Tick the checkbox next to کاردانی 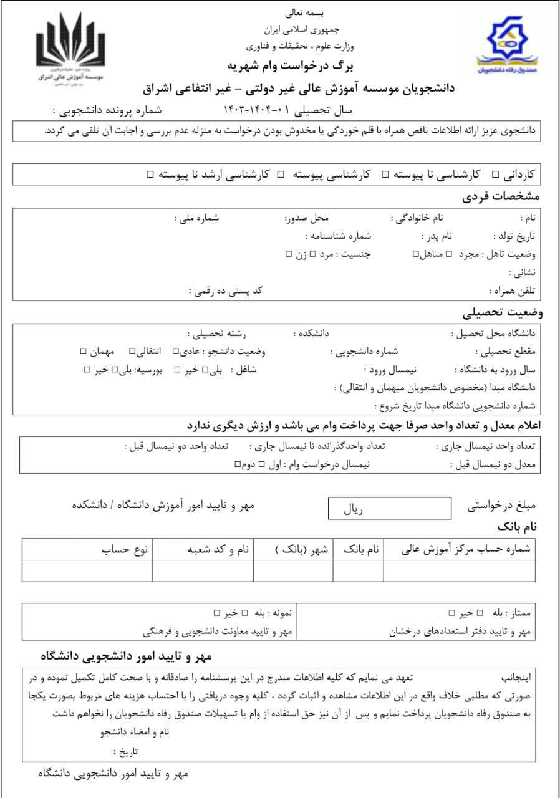pyautogui.click(x=496, y=175)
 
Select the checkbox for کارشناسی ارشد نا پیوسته pyautogui.click(x=150, y=175)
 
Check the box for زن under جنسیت pyautogui.click(x=288, y=254)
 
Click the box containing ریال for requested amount pyautogui.click(x=389, y=509)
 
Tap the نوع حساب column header pyautogui.click(x=125, y=550)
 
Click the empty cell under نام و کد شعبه pyautogui.click(x=203, y=570)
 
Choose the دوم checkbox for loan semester pyautogui.click(x=237, y=464)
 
